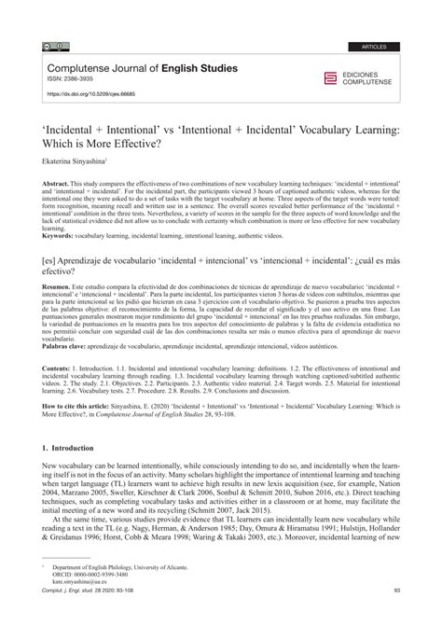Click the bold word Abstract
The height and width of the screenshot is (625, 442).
[59, 183]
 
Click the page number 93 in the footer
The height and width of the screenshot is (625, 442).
[397, 616]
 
